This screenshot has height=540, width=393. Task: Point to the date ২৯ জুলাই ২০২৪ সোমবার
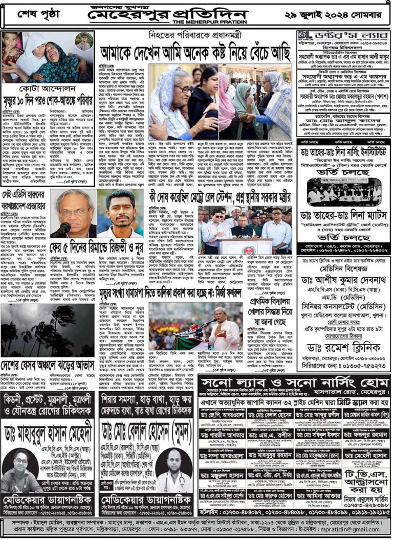click(x=343, y=14)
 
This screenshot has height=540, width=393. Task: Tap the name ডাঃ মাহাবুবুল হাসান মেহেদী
click(x=48, y=432)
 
